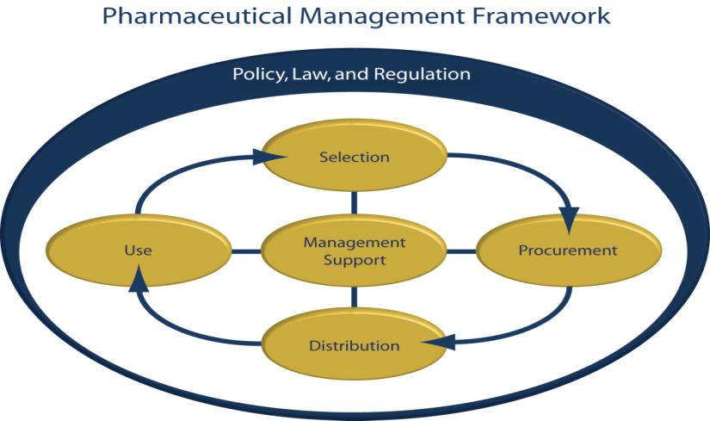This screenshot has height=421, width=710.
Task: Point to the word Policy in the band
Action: point(256,74)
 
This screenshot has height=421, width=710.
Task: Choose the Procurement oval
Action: point(567,251)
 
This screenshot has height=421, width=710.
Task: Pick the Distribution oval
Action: point(354,346)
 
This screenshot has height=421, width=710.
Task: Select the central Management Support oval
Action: point(354,251)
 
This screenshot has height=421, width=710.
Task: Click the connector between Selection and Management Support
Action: point(354,203)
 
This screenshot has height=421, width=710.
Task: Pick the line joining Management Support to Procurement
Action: point(460,251)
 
